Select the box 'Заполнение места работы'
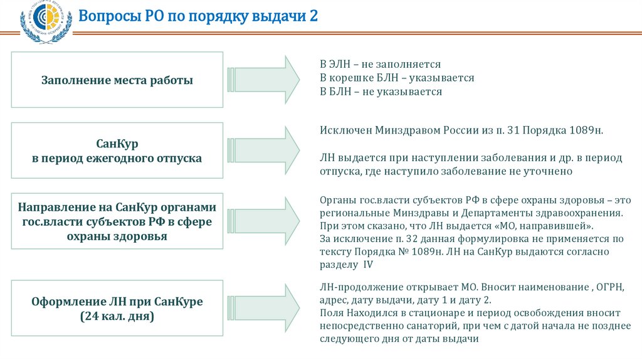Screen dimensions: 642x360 [x=117, y=80]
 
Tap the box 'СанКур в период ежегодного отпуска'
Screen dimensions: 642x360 [x=117, y=151]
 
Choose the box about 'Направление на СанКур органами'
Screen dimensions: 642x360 [x=117, y=221]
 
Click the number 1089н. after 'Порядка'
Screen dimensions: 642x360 [x=587, y=130]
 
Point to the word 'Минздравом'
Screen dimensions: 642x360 [x=399, y=130]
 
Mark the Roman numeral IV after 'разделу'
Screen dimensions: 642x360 [x=368, y=265]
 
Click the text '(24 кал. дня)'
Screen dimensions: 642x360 [x=117, y=317]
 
